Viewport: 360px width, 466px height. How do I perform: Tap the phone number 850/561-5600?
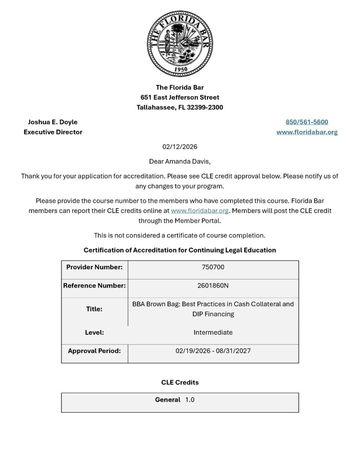tap(307, 122)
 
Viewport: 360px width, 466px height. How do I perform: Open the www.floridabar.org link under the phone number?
tap(307, 132)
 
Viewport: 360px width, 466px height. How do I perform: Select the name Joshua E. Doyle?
tap(53, 122)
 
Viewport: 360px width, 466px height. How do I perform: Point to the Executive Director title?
tap(53, 132)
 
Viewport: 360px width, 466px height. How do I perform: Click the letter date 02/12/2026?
tap(180, 147)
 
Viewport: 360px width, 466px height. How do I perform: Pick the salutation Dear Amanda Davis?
tap(180, 161)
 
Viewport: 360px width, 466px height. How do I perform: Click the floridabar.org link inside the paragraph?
tap(199, 211)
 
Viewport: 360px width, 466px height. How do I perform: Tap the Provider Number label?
tap(94, 267)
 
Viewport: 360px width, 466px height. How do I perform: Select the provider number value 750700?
tap(213, 267)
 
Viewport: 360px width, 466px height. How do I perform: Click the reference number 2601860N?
tap(213, 286)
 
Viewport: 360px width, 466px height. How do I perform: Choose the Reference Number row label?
tap(94, 286)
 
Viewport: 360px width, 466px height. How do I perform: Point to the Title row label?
tap(94, 309)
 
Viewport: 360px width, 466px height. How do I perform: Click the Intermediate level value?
tap(213, 332)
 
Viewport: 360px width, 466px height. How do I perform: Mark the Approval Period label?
tap(94, 351)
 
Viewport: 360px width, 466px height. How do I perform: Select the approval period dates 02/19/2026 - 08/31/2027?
tap(213, 351)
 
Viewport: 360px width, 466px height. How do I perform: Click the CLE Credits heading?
tap(180, 382)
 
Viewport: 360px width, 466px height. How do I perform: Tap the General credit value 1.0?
tap(190, 400)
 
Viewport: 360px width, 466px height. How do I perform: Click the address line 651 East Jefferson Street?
tap(180, 97)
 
